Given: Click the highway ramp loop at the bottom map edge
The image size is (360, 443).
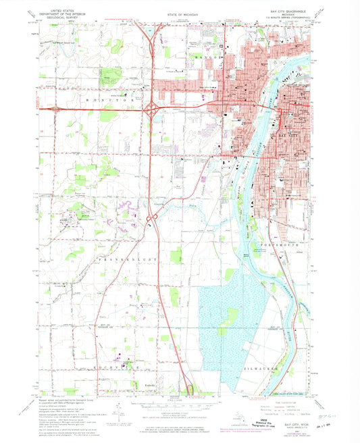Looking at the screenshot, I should (x=191, y=390).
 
